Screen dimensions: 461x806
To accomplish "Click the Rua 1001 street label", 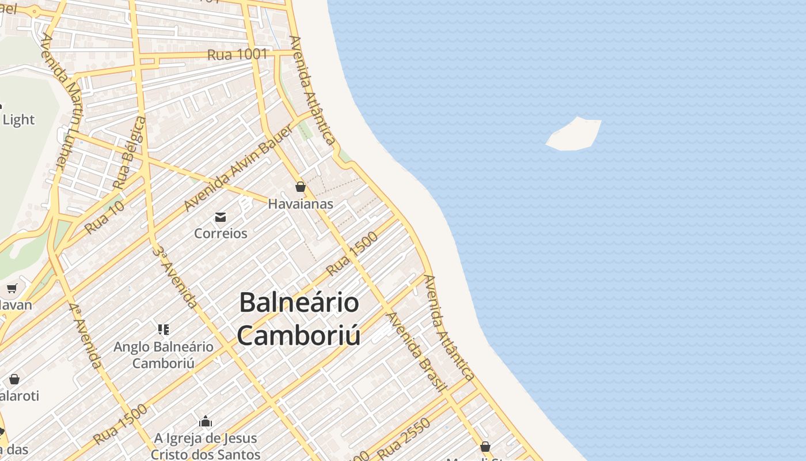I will [x=237, y=55].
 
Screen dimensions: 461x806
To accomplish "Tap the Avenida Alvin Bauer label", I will [x=238, y=167].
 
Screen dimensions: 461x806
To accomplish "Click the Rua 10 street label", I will [x=104, y=217].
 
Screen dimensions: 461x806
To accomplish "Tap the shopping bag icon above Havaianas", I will [x=300, y=187].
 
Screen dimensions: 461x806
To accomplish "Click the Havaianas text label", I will [x=301, y=204].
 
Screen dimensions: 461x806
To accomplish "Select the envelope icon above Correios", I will [x=220, y=217].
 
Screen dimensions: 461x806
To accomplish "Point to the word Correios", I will [x=220, y=233].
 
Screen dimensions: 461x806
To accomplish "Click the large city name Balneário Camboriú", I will [x=299, y=319].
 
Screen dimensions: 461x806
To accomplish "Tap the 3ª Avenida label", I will [x=176, y=277].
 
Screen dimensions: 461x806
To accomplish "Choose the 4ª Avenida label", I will [x=86, y=335].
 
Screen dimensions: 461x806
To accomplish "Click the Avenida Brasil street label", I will [x=416, y=352].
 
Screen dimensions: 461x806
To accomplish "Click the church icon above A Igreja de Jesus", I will [x=206, y=422].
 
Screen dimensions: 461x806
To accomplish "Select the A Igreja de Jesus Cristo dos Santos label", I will [x=206, y=447].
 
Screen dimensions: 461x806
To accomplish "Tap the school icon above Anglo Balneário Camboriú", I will [x=164, y=330].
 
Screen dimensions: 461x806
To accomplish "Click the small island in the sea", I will [x=574, y=135].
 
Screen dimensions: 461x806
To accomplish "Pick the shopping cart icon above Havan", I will [x=12, y=288].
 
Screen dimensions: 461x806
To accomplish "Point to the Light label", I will [x=18, y=120].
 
